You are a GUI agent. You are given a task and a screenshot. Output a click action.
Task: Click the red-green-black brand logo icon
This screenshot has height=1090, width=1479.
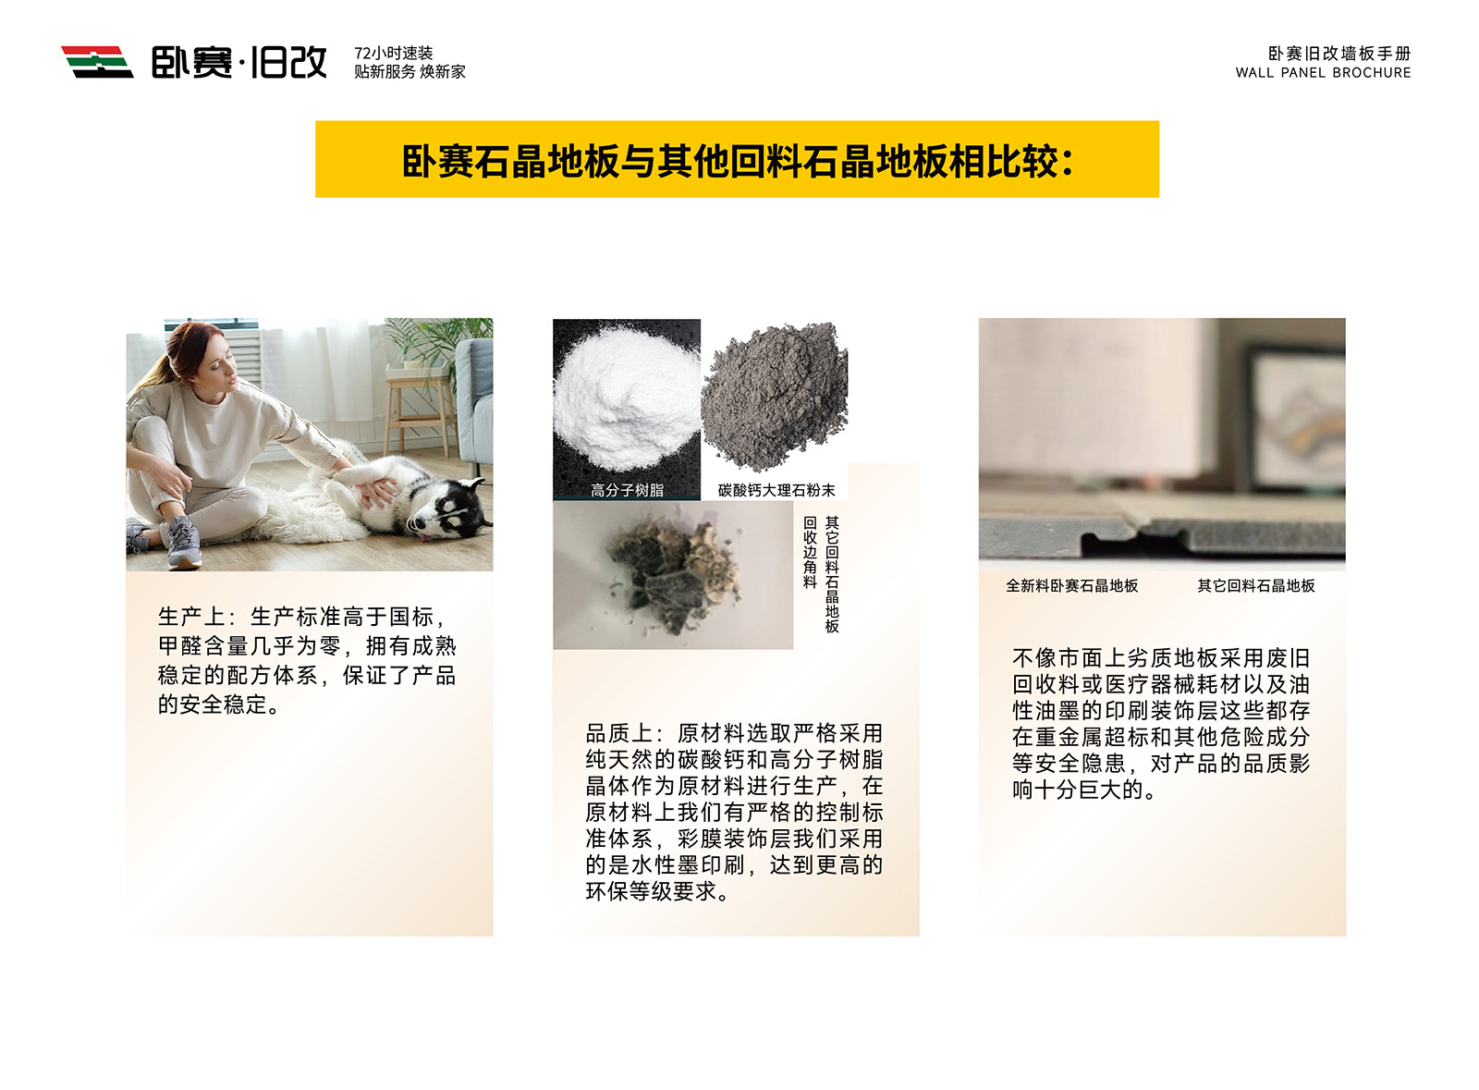pos(97,62)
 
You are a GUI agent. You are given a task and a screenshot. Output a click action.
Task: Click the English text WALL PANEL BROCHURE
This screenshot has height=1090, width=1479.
pos(1323,73)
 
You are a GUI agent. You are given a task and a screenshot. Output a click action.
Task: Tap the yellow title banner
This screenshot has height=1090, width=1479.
pos(737,159)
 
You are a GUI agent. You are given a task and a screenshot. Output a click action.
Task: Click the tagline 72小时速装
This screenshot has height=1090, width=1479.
pos(394,53)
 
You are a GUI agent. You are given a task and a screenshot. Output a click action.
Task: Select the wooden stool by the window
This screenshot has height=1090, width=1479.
pos(422,410)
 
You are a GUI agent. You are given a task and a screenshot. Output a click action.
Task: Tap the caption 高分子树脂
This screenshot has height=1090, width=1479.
pos(627,491)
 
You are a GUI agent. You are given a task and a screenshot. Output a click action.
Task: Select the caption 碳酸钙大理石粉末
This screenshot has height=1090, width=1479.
pos(776,491)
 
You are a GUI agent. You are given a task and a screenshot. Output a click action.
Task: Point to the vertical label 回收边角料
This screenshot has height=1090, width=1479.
pos(810,552)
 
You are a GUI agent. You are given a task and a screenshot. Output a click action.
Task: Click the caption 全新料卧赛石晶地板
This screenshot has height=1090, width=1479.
pos(1071,585)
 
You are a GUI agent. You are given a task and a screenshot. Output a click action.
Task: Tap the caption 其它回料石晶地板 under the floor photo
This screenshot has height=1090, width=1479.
pos(1256,585)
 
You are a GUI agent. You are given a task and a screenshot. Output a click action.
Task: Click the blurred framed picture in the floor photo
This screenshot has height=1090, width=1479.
pos(1294,419)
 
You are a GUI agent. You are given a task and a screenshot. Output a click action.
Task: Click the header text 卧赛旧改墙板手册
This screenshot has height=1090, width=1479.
pos(1339,54)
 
